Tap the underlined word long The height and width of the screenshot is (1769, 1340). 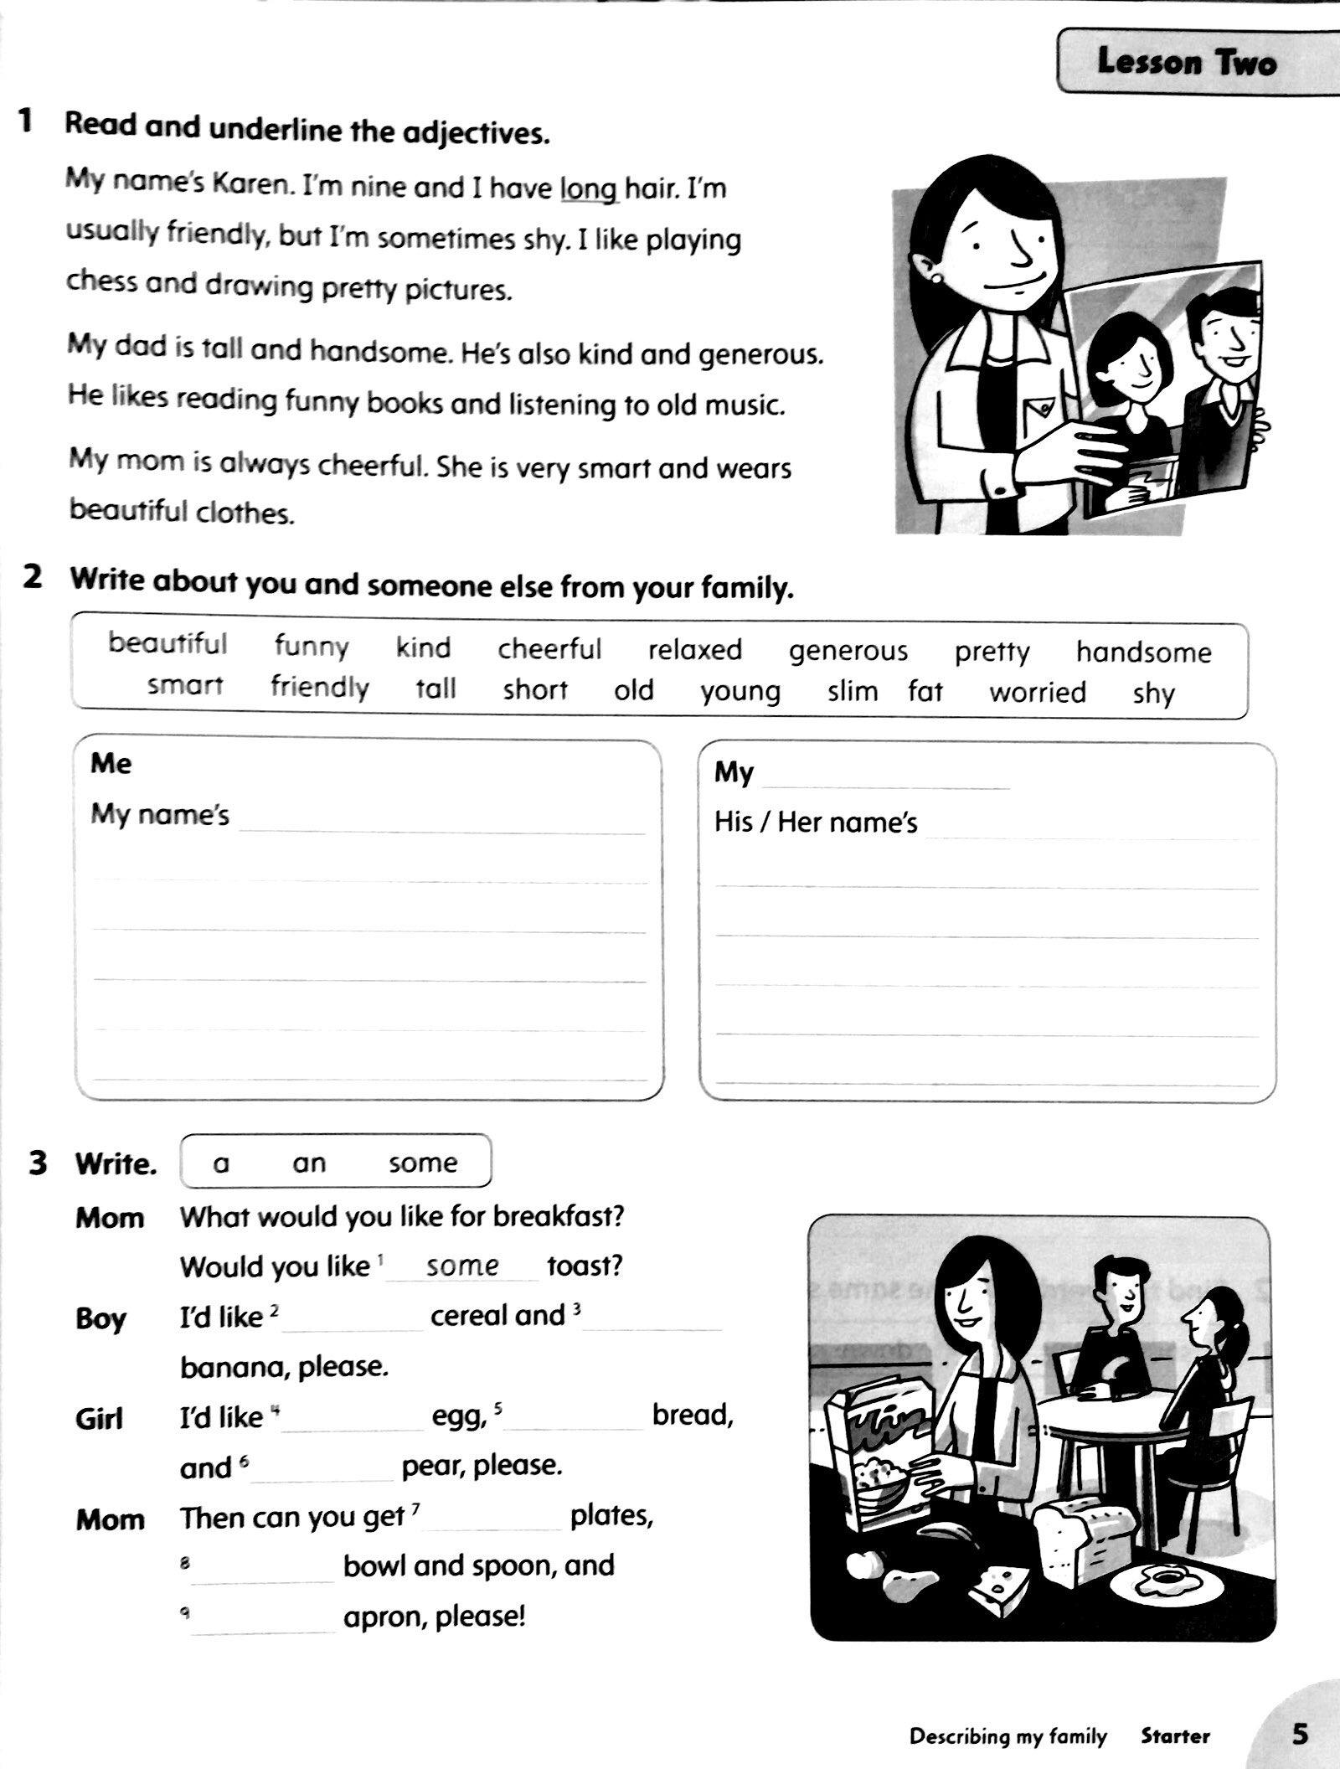(x=588, y=189)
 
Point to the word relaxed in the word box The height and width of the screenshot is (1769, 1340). (x=694, y=650)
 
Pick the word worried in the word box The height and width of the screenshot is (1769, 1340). (x=1037, y=693)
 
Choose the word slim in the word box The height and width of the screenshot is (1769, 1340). (x=853, y=692)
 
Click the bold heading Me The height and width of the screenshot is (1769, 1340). (x=111, y=764)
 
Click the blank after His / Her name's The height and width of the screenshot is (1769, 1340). (x=1089, y=828)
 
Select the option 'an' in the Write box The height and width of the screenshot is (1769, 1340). (x=308, y=1163)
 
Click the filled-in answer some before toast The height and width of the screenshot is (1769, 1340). (x=462, y=1266)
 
